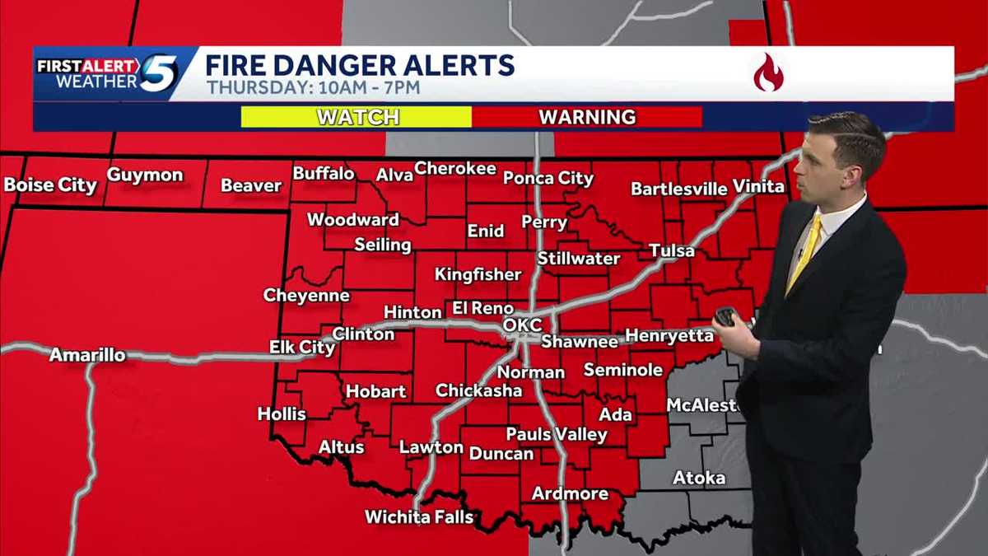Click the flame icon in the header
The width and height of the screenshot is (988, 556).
(x=767, y=72)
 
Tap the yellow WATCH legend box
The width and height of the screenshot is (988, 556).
(x=356, y=117)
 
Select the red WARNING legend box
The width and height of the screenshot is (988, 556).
(x=587, y=117)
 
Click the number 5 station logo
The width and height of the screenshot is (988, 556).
(x=158, y=73)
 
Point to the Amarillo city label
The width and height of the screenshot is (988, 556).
(x=87, y=355)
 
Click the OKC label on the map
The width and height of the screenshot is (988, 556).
(x=522, y=325)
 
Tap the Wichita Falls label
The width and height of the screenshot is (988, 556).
(x=420, y=517)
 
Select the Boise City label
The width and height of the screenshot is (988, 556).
(x=50, y=185)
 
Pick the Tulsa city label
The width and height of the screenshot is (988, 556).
(x=671, y=250)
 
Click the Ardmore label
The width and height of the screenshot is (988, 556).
(x=570, y=493)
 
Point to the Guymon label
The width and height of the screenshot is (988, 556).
(x=145, y=175)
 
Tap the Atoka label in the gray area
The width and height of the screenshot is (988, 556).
(x=699, y=478)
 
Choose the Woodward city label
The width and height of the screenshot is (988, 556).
(x=353, y=219)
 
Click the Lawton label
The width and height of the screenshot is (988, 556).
(x=431, y=447)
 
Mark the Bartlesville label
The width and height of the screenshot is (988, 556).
(x=679, y=189)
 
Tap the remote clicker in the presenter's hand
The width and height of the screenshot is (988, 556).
(x=725, y=316)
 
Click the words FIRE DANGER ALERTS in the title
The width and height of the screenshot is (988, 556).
(x=360, y=64)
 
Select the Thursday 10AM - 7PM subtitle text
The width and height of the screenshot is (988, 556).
(x=313, y=87)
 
